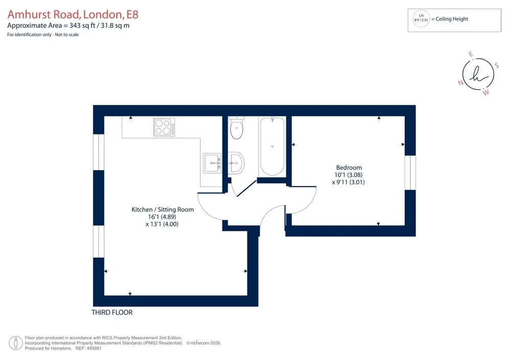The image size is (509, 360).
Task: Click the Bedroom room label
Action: pyautogui.click(x=349, y=167)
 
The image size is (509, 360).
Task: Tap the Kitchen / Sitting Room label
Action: pyautogui.click(x=163, y=209)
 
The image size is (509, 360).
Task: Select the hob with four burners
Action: pyautogui.click(x=164, y=127)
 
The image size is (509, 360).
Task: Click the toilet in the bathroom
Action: pyautogui.click(x=236, y=128)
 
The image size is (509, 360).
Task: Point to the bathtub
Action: pyautogui.click(x=272, y=147)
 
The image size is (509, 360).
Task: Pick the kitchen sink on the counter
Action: pyautogui.click(x=212, y=163)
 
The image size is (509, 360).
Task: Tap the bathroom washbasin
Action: pyautogui.click(x=236, y=163)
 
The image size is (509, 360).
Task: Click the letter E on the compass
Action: pyautogui.click(x=471, y=54)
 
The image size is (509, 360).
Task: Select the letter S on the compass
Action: pyautogui.click(x=497, y=66)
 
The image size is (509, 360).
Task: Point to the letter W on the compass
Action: pyautogui.click(x=485, y=93)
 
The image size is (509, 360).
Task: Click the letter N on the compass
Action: pyautogui.click(x=460, y=83)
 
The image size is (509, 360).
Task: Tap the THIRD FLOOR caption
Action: pyautogui.click(x=112, y=313)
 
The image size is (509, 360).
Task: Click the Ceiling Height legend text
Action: pyautogui.click(x=452, y=19)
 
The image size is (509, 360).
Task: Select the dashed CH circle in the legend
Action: pyautogui.click(x=421, y=18)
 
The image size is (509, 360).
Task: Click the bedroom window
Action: pyautogui.click(x=410, y=173)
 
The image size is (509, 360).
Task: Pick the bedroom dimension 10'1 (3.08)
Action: pyautogui.click(x=349, y=175)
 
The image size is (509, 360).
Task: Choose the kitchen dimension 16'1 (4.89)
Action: pyautogui.click(x=163, y=217)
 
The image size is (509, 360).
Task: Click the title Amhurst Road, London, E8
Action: pyautogui.click(x=73, y=15)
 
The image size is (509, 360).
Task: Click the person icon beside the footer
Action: pyautogui.click(x=15, y=343)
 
